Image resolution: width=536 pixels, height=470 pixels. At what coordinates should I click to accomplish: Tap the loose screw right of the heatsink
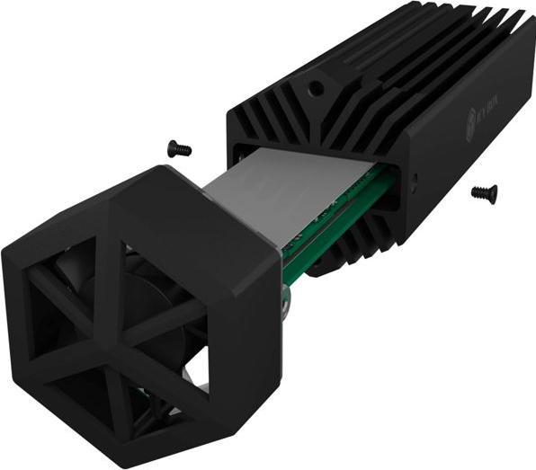tap(484, 191)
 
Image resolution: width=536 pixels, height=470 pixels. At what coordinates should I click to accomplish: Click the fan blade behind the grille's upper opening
tap(72, 270)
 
